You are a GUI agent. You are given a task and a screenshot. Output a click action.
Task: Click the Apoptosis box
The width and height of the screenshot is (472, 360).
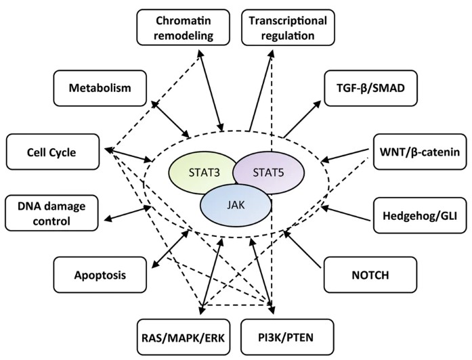click(100, 275)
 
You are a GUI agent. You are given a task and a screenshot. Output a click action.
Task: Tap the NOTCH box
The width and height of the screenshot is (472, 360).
click(364, 275)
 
